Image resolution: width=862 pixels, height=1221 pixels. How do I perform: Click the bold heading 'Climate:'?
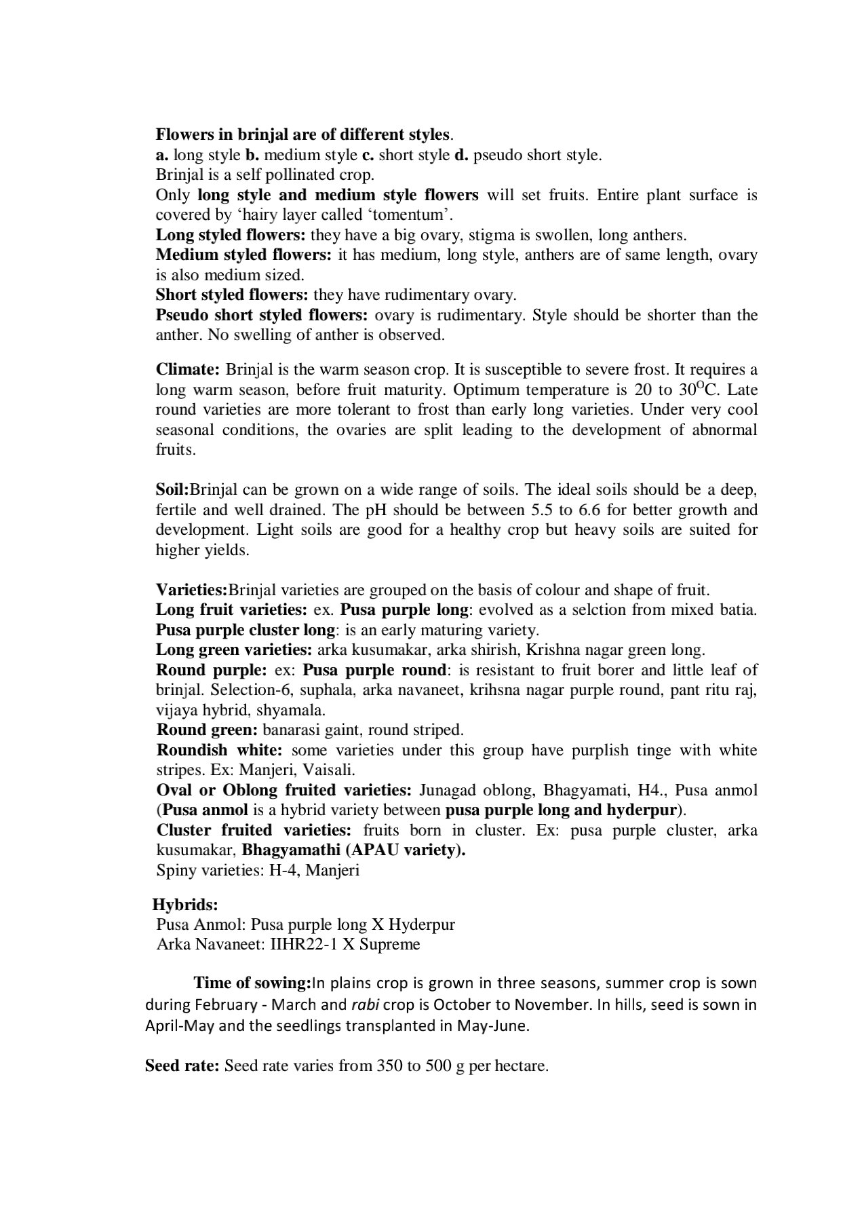coord(188,370)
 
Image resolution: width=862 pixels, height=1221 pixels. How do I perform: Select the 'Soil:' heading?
coord(172,490)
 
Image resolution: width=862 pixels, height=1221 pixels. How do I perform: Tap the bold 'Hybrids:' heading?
coord(184,905)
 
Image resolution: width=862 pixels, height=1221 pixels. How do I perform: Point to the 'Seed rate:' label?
coord(182,1066)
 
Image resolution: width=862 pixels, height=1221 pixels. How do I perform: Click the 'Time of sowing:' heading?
coord(252,983)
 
